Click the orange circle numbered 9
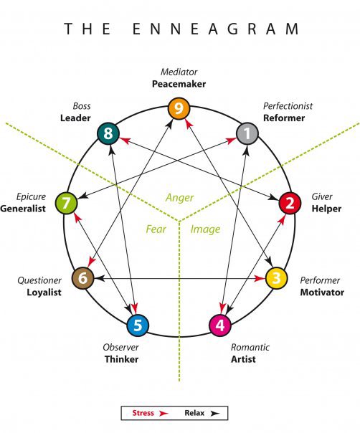coord(179,109)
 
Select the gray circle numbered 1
coord(247,133)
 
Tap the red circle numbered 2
coord(289,203)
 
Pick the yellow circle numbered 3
coord(276,278)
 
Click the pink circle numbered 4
coord(220,325)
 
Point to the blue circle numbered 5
coord(138,325)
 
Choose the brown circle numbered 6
coord(82,278)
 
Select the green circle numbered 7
coord(66,203)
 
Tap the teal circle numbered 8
coord(108,133)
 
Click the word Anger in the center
coord(179,198)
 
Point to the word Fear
coord(156,230)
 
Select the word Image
coord(206,230)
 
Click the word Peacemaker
coord(179,84)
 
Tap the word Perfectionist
coord(287,106)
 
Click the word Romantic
coord(250,347)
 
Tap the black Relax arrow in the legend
coord(214,414)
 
